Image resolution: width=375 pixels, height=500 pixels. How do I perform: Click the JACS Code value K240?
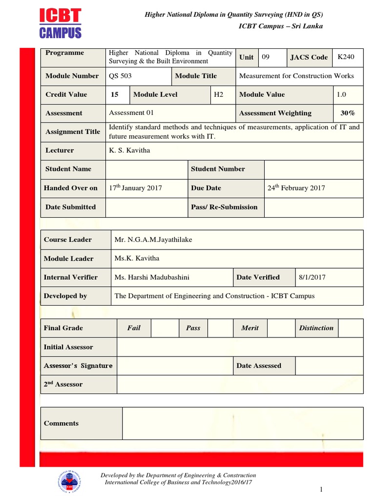point(346,57)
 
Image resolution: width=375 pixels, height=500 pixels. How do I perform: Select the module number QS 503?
point(120,76)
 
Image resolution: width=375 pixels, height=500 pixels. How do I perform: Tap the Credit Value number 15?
point(114,94)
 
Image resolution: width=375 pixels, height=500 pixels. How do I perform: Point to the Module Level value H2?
point(218,94)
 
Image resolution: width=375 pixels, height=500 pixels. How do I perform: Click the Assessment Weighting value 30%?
point(348,113)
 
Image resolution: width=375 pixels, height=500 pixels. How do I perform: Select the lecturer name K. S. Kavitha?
point(129,150)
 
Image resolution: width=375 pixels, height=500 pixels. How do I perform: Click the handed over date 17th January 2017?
point(135,187)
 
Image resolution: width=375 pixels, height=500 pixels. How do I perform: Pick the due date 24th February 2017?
point(296,187)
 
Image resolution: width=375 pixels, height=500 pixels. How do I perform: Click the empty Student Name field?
point(146,169)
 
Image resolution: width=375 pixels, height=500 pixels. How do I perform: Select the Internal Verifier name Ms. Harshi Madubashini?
point(152,277)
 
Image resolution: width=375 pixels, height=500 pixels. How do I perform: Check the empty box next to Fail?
point(165,328)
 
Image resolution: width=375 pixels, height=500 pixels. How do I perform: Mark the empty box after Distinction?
point(351,328)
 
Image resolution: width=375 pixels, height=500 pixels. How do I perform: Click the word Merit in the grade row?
point(250,328)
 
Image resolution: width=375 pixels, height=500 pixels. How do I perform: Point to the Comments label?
point(61,423)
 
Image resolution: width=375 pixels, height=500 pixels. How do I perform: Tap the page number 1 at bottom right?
point(322,490)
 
